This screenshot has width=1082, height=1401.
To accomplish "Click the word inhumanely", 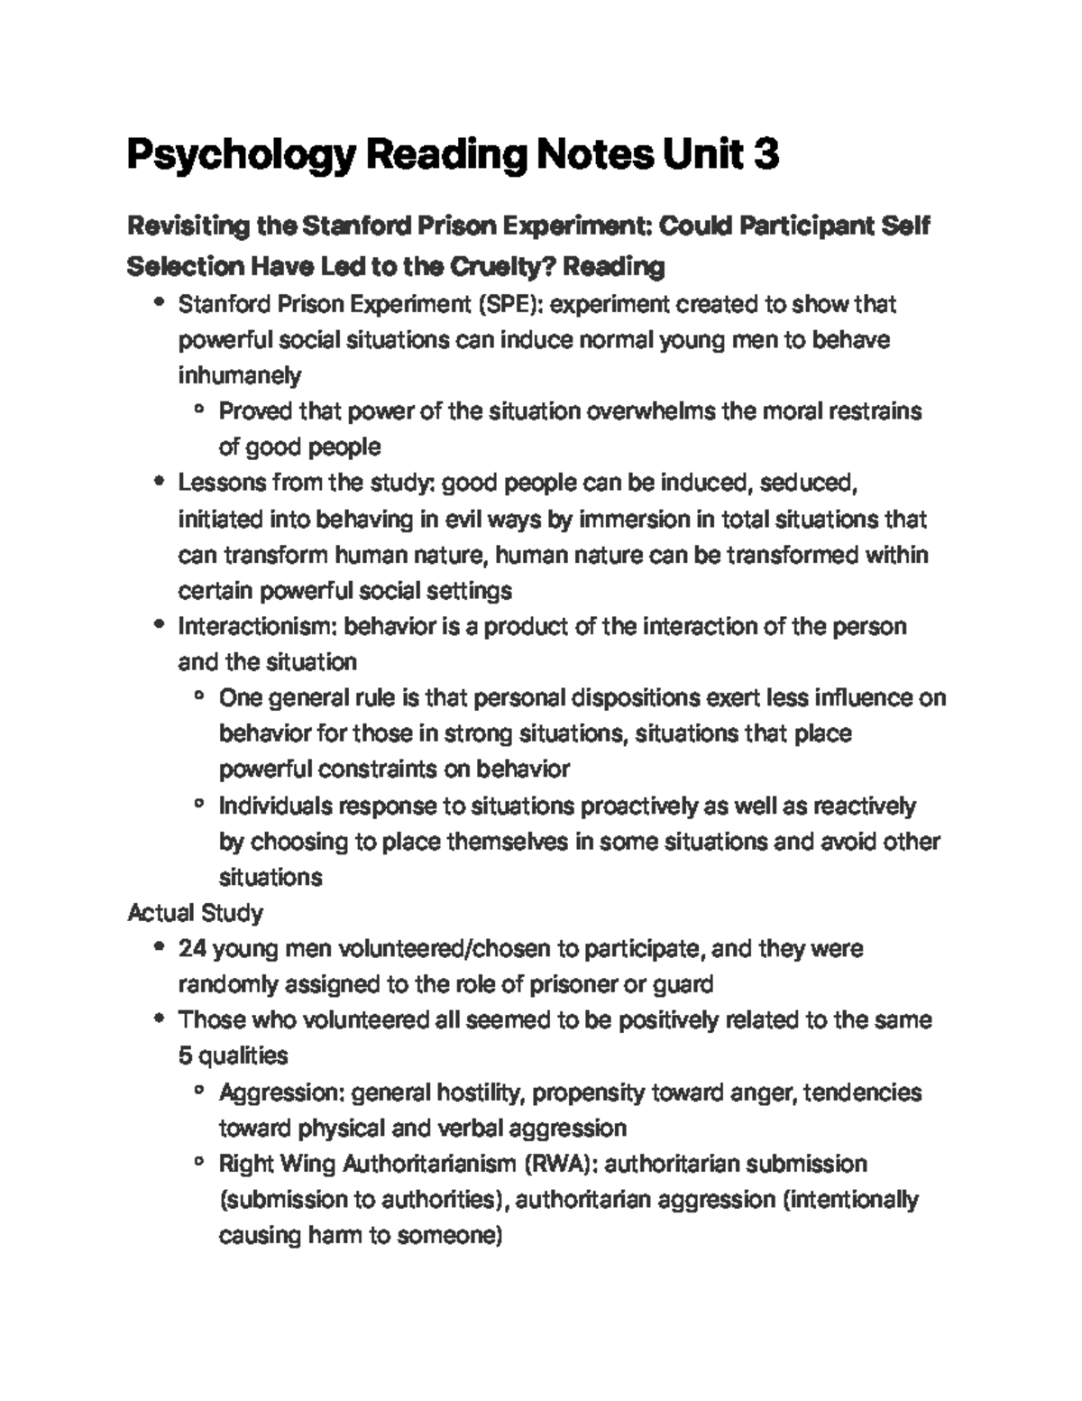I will point(240,375).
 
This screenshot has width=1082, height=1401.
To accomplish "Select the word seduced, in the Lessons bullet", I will point(806,483).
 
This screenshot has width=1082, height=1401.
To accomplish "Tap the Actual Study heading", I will point(195,913).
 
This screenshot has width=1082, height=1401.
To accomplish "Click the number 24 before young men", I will point(192,949).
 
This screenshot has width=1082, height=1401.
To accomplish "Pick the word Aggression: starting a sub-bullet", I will point(281,1092).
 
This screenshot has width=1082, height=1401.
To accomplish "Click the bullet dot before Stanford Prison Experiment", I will point(160,304).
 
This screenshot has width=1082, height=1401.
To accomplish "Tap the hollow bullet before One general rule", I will point(199,697).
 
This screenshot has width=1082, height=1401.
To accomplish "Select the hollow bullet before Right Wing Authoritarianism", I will point(199,1164).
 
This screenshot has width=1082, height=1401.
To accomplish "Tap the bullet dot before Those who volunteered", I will point(160,1020).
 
